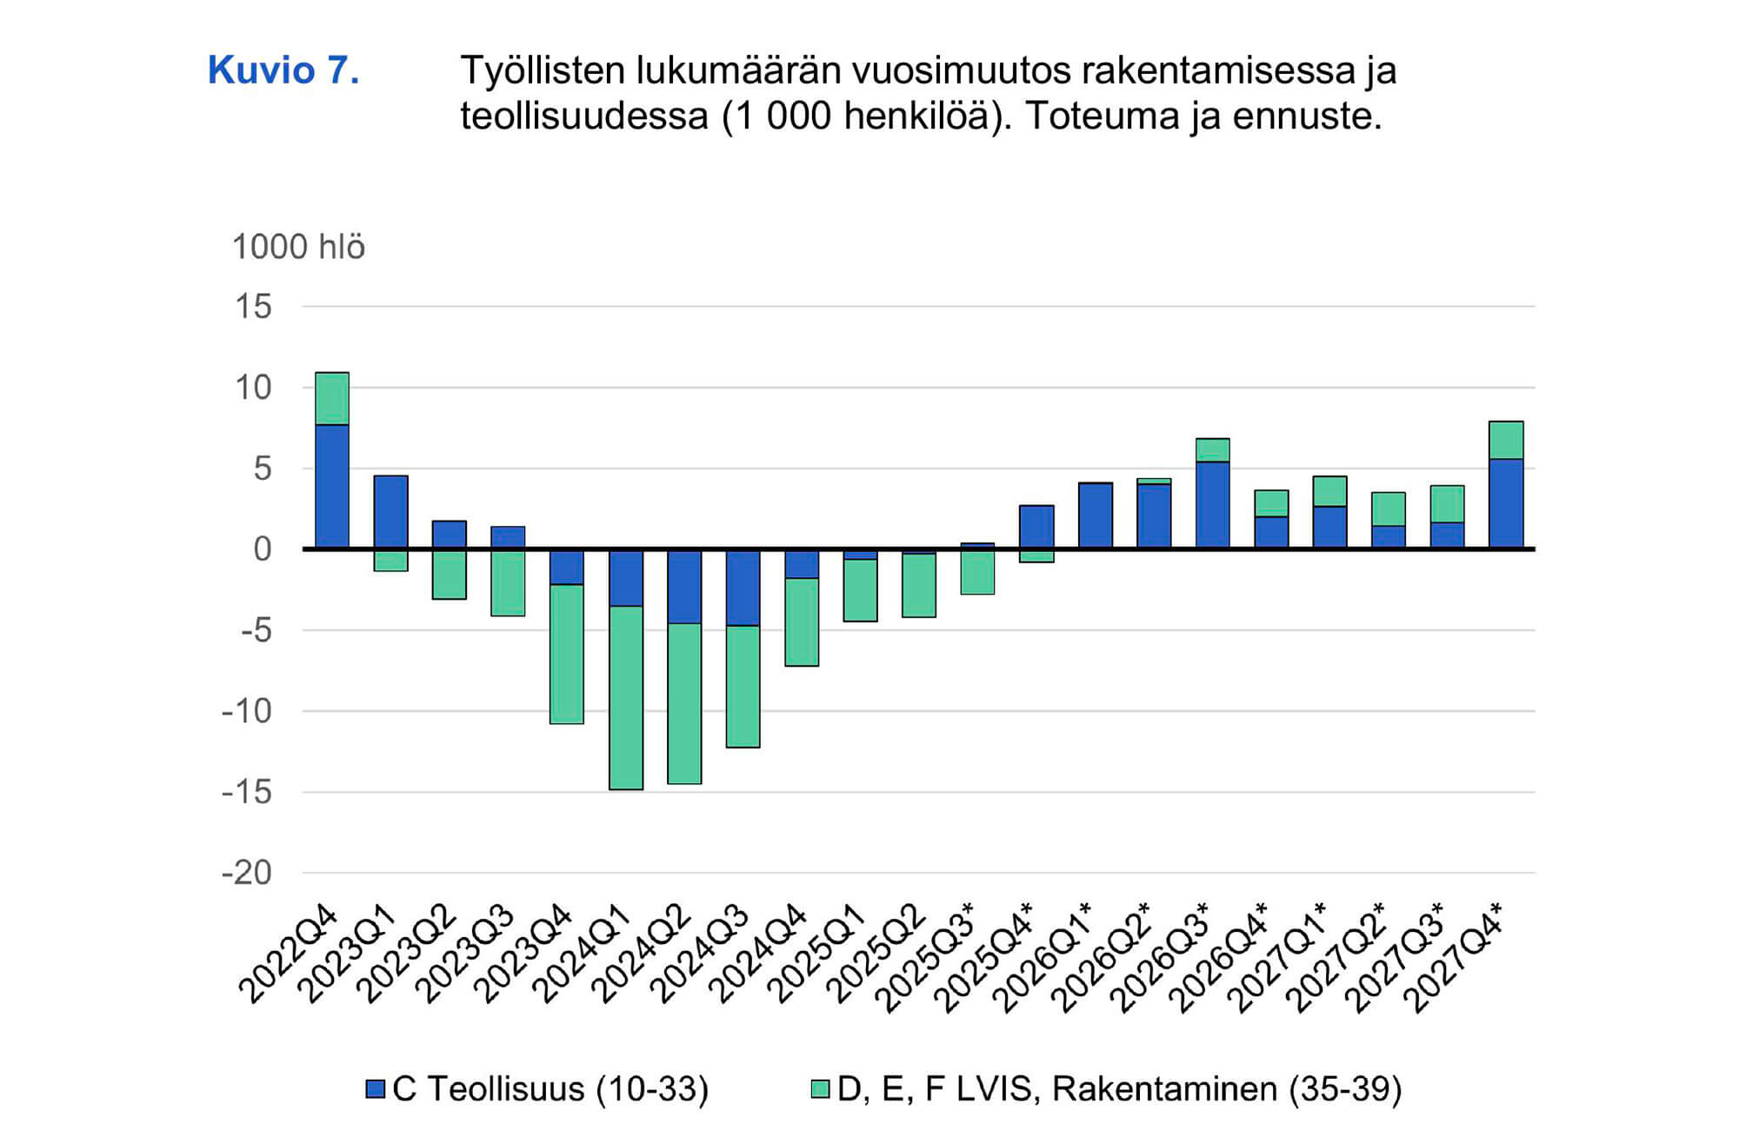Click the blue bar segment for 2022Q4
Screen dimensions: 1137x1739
point(332,487)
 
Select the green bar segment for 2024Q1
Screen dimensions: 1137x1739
point(626,697)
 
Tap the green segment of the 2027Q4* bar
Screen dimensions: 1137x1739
point(1506,441)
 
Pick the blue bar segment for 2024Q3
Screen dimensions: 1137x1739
point(743,588)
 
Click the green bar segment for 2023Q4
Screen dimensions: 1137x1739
point(567,654)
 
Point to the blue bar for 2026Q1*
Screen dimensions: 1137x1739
point(1096,515)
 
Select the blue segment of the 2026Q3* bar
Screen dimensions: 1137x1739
point(1213,505)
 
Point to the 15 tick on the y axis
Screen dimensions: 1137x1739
point(253,307)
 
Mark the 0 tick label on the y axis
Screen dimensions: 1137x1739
point(262,549)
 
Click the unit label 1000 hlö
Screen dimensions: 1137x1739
point(298,248)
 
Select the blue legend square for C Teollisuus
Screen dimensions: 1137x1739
point(376,1089)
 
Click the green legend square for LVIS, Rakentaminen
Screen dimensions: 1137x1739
point(820,1089)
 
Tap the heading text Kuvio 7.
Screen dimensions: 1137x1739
point(283,70)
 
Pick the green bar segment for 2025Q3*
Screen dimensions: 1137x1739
point(978,572)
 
